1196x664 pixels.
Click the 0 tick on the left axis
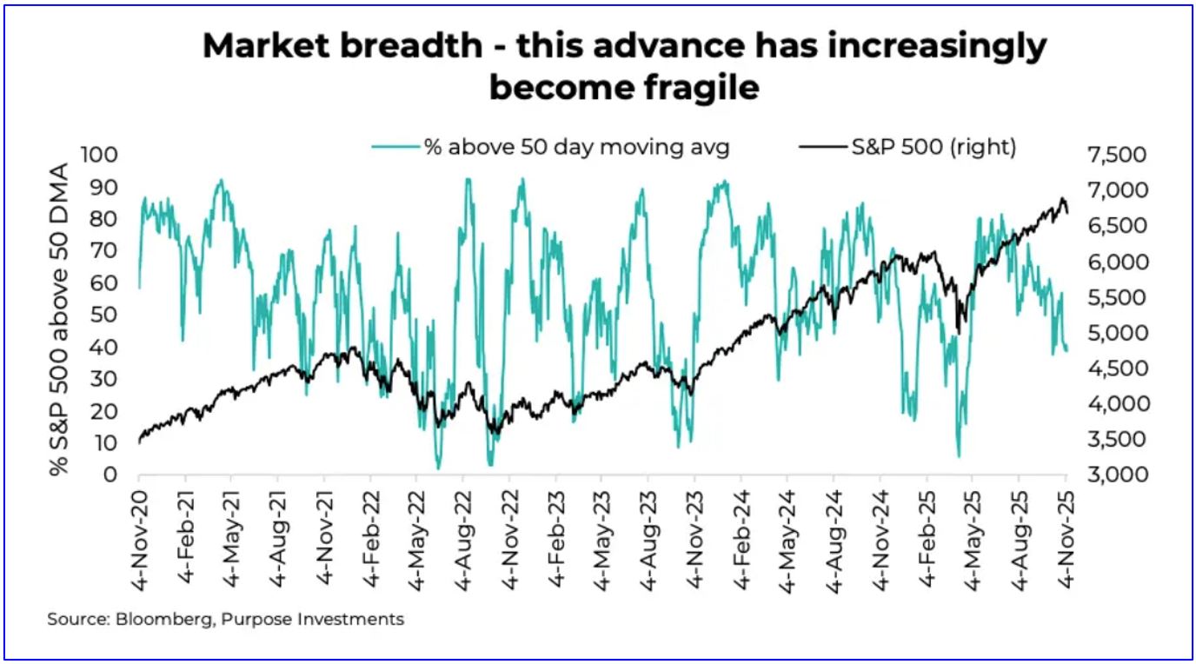(110, 475)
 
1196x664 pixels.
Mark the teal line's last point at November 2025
(1066, 350)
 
